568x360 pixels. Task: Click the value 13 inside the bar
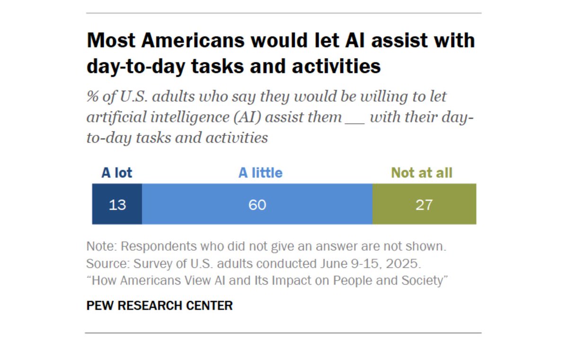(117, 205)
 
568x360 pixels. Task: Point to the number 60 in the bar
(257, 205)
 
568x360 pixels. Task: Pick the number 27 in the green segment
(424, 205)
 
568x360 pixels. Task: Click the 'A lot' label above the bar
(117, 173)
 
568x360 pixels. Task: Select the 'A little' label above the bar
(260, 173)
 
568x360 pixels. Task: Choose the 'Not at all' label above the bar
(422, 173)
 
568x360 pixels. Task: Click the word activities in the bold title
(337, 66)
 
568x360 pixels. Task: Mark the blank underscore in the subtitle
(355, 118)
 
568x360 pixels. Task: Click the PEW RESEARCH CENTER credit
(160, 306)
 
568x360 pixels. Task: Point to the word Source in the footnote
(105, 263)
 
